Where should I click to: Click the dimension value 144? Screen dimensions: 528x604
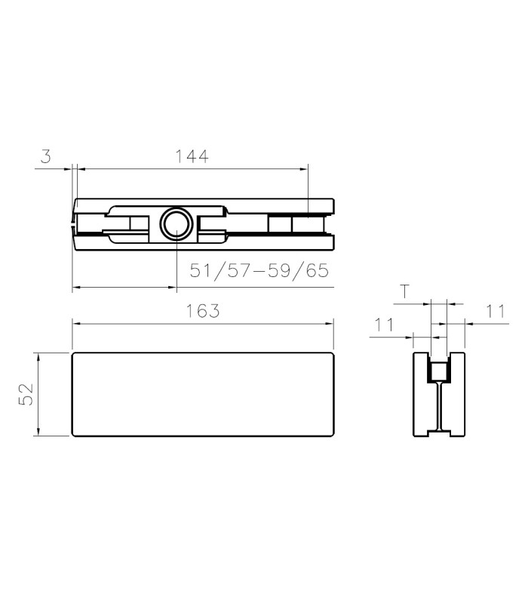pos(192,156)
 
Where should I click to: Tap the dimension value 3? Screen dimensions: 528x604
pos(46,156)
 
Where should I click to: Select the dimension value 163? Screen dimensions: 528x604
pos(203,311)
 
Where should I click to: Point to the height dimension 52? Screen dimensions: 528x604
pos(26,393)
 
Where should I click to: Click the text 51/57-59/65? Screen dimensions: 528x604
pos(259,270)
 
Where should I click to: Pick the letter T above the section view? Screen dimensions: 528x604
pos(404,291)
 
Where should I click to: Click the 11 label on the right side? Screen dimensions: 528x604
pos(496,311)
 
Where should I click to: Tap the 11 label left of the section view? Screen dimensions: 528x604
pos(385,325)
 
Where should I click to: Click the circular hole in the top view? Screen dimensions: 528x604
pos(177,224)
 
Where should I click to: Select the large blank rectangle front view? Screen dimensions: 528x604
pos(203,394)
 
